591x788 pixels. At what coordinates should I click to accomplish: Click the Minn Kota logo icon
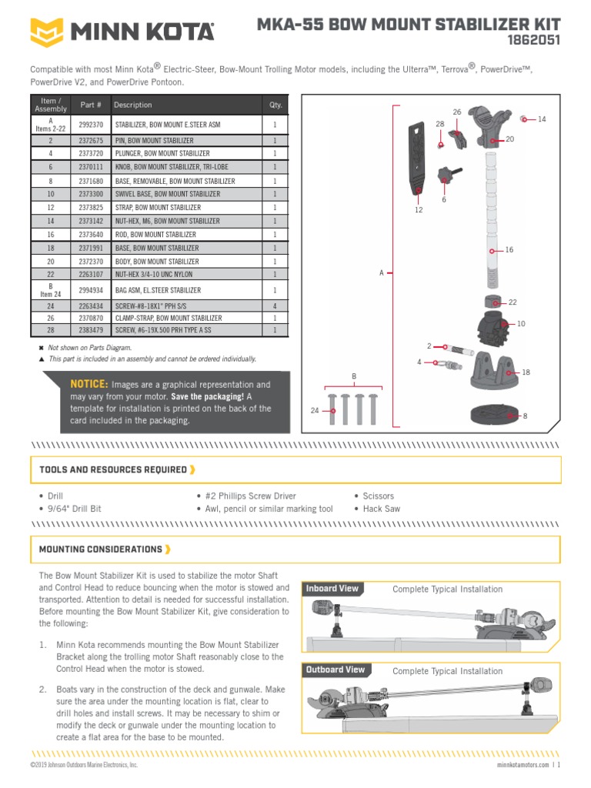tap(48, 32)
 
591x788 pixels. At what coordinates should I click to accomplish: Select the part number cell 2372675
tap(92, 141)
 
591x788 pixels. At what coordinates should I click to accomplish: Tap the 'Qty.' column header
tap(275, 105)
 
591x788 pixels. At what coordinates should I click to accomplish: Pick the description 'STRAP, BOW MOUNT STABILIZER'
tap(158, 208)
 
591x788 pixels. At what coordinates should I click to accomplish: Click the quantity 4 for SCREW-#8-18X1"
tap(275, 304)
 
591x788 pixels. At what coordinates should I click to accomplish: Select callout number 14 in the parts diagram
tap(542, 119)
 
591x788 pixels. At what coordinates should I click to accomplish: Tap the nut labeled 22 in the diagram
tap(490, 301)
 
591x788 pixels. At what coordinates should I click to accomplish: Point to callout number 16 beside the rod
tap(509, 250)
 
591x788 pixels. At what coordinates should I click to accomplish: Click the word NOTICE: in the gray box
tap(88, 384)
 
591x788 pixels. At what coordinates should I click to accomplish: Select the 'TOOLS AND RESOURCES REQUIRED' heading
tap(113, 469)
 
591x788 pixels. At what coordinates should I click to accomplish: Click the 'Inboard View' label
tap(332, 589)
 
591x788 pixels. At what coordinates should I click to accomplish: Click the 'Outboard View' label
tap(336, 669)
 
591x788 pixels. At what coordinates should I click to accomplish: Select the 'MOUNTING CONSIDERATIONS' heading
tap(100, 549)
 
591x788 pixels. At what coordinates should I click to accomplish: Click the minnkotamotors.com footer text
tap(518, 765)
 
